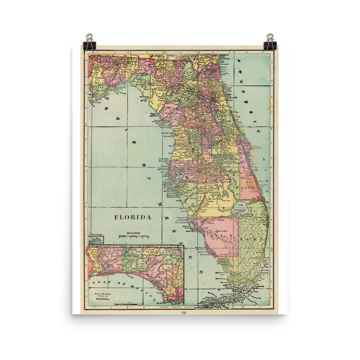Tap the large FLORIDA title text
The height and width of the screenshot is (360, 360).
coord(132,217)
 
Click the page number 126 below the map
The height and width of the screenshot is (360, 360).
coord(184,312)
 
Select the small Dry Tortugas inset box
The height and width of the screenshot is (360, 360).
coord(96,236)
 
